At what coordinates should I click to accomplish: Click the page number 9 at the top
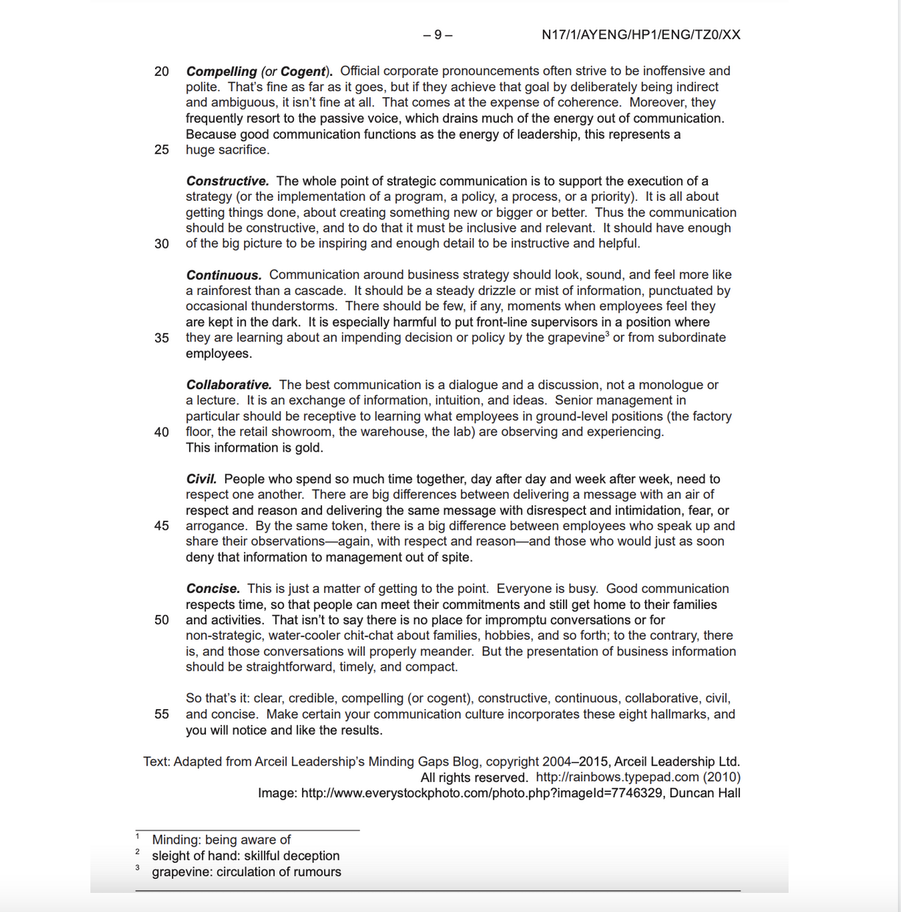(438, 35)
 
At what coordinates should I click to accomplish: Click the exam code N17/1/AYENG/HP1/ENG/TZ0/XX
(641, 35)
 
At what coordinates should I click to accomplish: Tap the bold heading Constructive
(227, 181)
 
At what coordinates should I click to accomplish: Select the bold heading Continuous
(223, 275)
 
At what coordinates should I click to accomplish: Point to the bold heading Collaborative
(229, 385)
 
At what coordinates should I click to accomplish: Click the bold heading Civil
(201, 479)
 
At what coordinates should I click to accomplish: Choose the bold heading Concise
(213, 588)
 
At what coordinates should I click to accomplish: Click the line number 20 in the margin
(162, 71)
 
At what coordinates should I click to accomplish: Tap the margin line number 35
(162, 338)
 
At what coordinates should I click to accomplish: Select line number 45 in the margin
(162, 526)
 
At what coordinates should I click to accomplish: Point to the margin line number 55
(162, 714)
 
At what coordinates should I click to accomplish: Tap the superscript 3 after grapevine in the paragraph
(607, 334)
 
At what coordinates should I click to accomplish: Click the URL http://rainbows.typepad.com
(617, 777)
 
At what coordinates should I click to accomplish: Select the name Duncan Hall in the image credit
(705, 793)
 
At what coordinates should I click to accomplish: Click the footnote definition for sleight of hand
(245, 855)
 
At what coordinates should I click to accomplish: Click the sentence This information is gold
(254, 447)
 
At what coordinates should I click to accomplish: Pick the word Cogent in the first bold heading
(302, 71)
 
